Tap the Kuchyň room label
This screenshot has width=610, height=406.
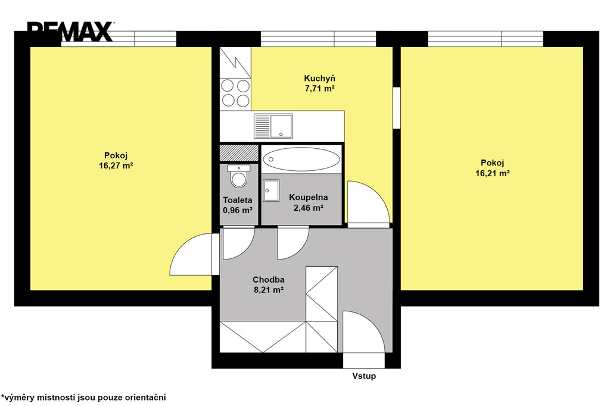[319, 78]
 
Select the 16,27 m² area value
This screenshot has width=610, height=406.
[116, 165]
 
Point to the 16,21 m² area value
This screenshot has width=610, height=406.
[493, 173]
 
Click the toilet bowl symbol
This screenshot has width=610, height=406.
[238, 176]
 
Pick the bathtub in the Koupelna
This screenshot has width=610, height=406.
[301, 159]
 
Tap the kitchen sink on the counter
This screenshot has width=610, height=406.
[273, 126]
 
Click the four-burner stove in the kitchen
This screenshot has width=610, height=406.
[235, 93]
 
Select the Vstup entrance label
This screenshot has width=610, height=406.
[364, 376]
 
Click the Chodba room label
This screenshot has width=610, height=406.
[269, 280]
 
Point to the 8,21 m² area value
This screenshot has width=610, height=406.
[269, 290]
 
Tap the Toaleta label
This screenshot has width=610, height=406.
[237, 200]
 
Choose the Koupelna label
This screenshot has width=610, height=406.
[308, 198]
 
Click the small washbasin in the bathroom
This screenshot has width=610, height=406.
[271, 190]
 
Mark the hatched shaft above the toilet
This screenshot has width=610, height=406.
[239, 153]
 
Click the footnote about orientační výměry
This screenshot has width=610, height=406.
[83, 398]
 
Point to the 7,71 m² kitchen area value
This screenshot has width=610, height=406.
[320, 88]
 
